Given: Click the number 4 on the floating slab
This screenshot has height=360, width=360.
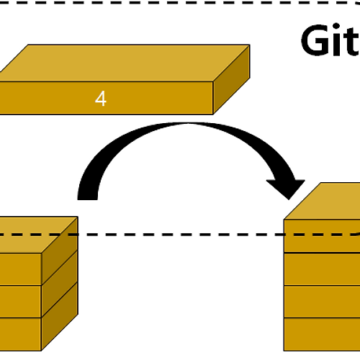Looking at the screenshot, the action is point(101,99).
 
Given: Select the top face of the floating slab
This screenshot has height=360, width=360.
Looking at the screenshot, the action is point(125,63).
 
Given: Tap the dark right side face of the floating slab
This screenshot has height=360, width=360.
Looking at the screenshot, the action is point(231,79).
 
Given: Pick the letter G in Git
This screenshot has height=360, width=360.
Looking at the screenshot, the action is point(315,40).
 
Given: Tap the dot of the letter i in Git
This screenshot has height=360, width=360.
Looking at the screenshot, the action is point(336,27).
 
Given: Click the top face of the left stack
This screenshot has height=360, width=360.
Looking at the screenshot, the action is point(38,235).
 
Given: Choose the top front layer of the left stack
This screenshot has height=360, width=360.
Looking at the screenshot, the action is point(21,269).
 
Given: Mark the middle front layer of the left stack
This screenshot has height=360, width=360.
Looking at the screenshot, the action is point(21,302).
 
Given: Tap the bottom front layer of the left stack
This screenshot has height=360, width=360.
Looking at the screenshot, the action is point(21,334).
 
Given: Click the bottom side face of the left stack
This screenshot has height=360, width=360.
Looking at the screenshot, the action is point(60,317).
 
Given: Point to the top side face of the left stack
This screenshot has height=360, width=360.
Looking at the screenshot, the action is point(60,251).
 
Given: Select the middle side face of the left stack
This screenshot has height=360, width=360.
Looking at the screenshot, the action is point(60,284).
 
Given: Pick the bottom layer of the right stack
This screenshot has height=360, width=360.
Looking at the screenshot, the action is point(322,334).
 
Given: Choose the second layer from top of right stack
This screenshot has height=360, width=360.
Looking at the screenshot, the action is point(322,269).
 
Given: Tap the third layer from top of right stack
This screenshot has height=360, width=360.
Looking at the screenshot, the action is point(322,302).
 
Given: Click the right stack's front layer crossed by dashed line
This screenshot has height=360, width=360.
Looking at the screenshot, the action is point(322,243).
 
